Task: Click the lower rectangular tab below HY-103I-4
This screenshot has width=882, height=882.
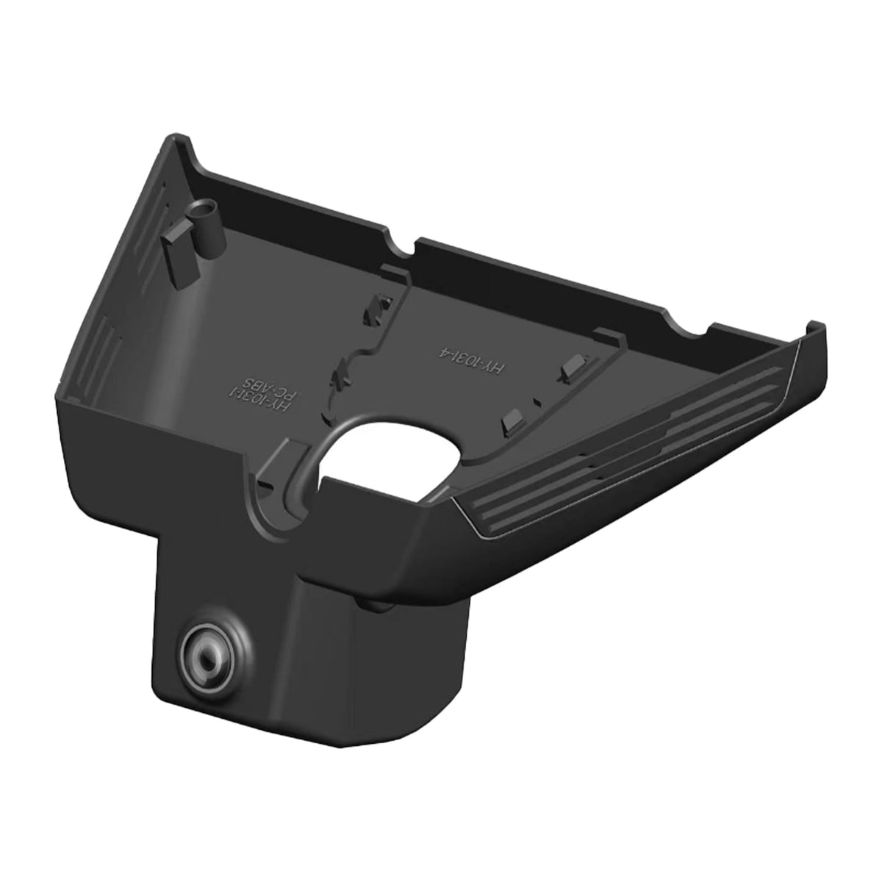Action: click(x=512, y=421)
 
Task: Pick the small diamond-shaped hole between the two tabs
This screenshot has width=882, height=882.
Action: click(x=540, y=401)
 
